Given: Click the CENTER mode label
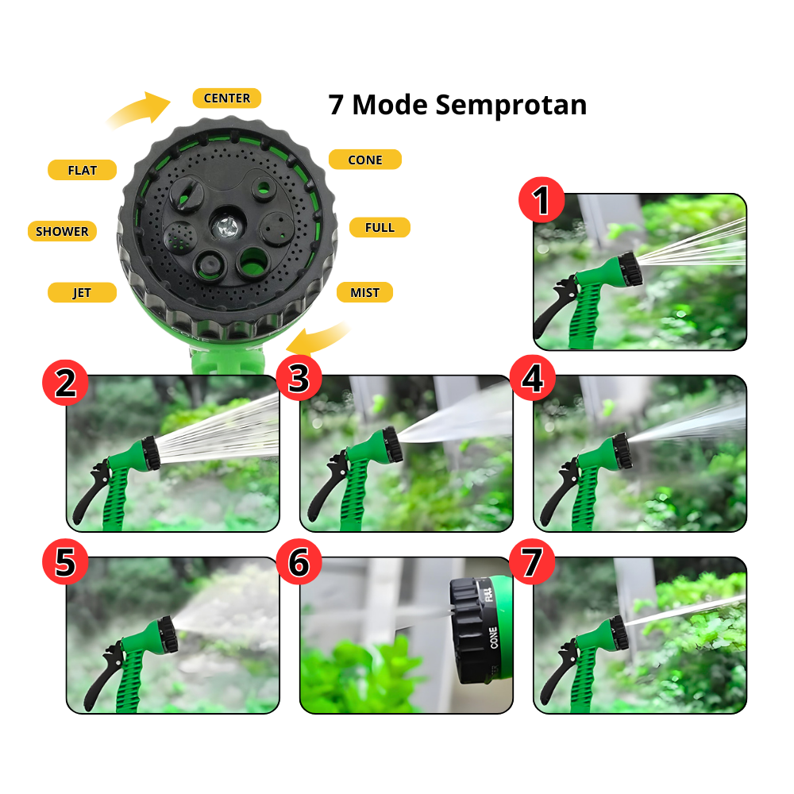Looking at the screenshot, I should pos(226,98).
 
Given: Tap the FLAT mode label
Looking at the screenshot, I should pos(82,170).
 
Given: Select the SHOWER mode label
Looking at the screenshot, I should pos(62,231).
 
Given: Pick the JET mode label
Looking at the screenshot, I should pos(82,292).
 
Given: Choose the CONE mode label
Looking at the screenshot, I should pos(364,160).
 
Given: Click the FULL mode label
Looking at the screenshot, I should pos(380,228).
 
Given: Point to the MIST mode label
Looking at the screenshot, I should pos(364,292).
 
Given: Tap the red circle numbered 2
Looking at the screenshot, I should pos(65,382).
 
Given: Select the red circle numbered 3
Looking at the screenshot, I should pos(299,379).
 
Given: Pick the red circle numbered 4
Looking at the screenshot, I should pos(532,378).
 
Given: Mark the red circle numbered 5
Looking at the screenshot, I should pos(65,563).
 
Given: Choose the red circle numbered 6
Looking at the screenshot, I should pos(299,562).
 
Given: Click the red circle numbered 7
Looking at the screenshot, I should pos(532,562).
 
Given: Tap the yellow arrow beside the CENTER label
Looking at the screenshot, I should pos(141,110).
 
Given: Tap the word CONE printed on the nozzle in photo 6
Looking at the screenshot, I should pos(493,638).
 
